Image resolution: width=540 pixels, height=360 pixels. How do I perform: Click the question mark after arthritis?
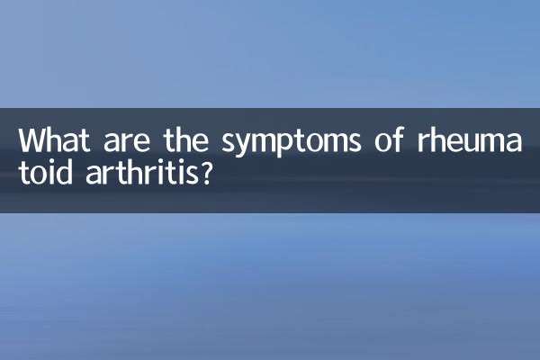[x=207, y=173]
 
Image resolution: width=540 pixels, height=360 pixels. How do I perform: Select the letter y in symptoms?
[x=253, y=146]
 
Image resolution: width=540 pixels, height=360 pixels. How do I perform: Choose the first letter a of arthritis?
[x=91, y=175]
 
